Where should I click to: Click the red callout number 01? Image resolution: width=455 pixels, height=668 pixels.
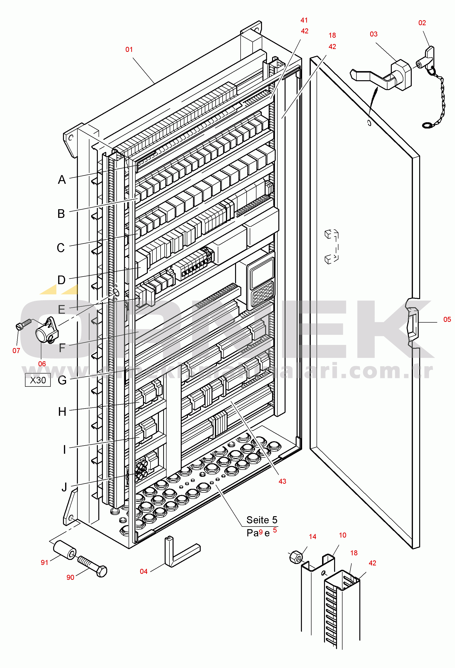(129, 49)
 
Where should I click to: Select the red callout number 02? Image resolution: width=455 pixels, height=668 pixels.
(422, 23)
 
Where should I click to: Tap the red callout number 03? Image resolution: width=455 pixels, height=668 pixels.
(373, 34)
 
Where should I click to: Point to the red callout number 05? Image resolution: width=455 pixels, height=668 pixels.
(447, 319)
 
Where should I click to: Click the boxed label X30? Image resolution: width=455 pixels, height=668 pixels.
(38, 380)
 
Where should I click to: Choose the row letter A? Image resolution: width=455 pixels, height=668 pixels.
(62, 180)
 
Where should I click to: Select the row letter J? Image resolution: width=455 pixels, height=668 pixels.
(64, 487)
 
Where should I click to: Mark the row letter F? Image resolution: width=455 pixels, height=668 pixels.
(62, 348)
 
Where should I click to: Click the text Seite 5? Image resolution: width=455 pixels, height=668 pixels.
(262, 520)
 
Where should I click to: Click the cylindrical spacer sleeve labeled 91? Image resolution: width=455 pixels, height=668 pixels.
(65, 550)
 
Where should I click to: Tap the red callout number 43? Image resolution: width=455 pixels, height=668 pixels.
(282, 481)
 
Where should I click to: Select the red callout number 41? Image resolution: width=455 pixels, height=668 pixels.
(304, 20)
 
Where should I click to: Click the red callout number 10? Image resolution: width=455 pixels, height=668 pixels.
(342, 535)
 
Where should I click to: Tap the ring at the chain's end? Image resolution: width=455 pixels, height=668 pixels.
(427, 125)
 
